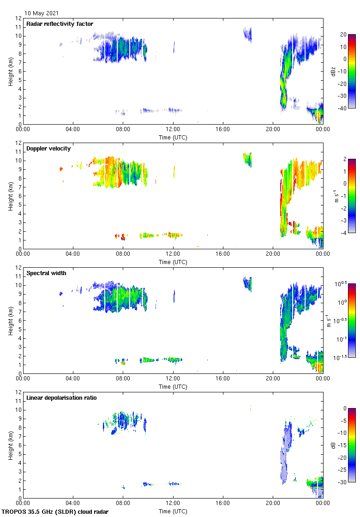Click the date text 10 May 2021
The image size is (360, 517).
tap(42, 13)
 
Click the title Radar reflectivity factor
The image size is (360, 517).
tap(60, 24)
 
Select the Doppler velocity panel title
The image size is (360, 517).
tap(46, 149)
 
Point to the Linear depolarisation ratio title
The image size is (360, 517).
tap(61, 397)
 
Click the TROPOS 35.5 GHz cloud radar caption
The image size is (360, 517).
tap(55, 512)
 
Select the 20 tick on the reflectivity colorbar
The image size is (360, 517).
tap(342, 35)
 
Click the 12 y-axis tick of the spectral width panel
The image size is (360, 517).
tap(19, 268)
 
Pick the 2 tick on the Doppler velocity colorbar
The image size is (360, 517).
tap(344, 159)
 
